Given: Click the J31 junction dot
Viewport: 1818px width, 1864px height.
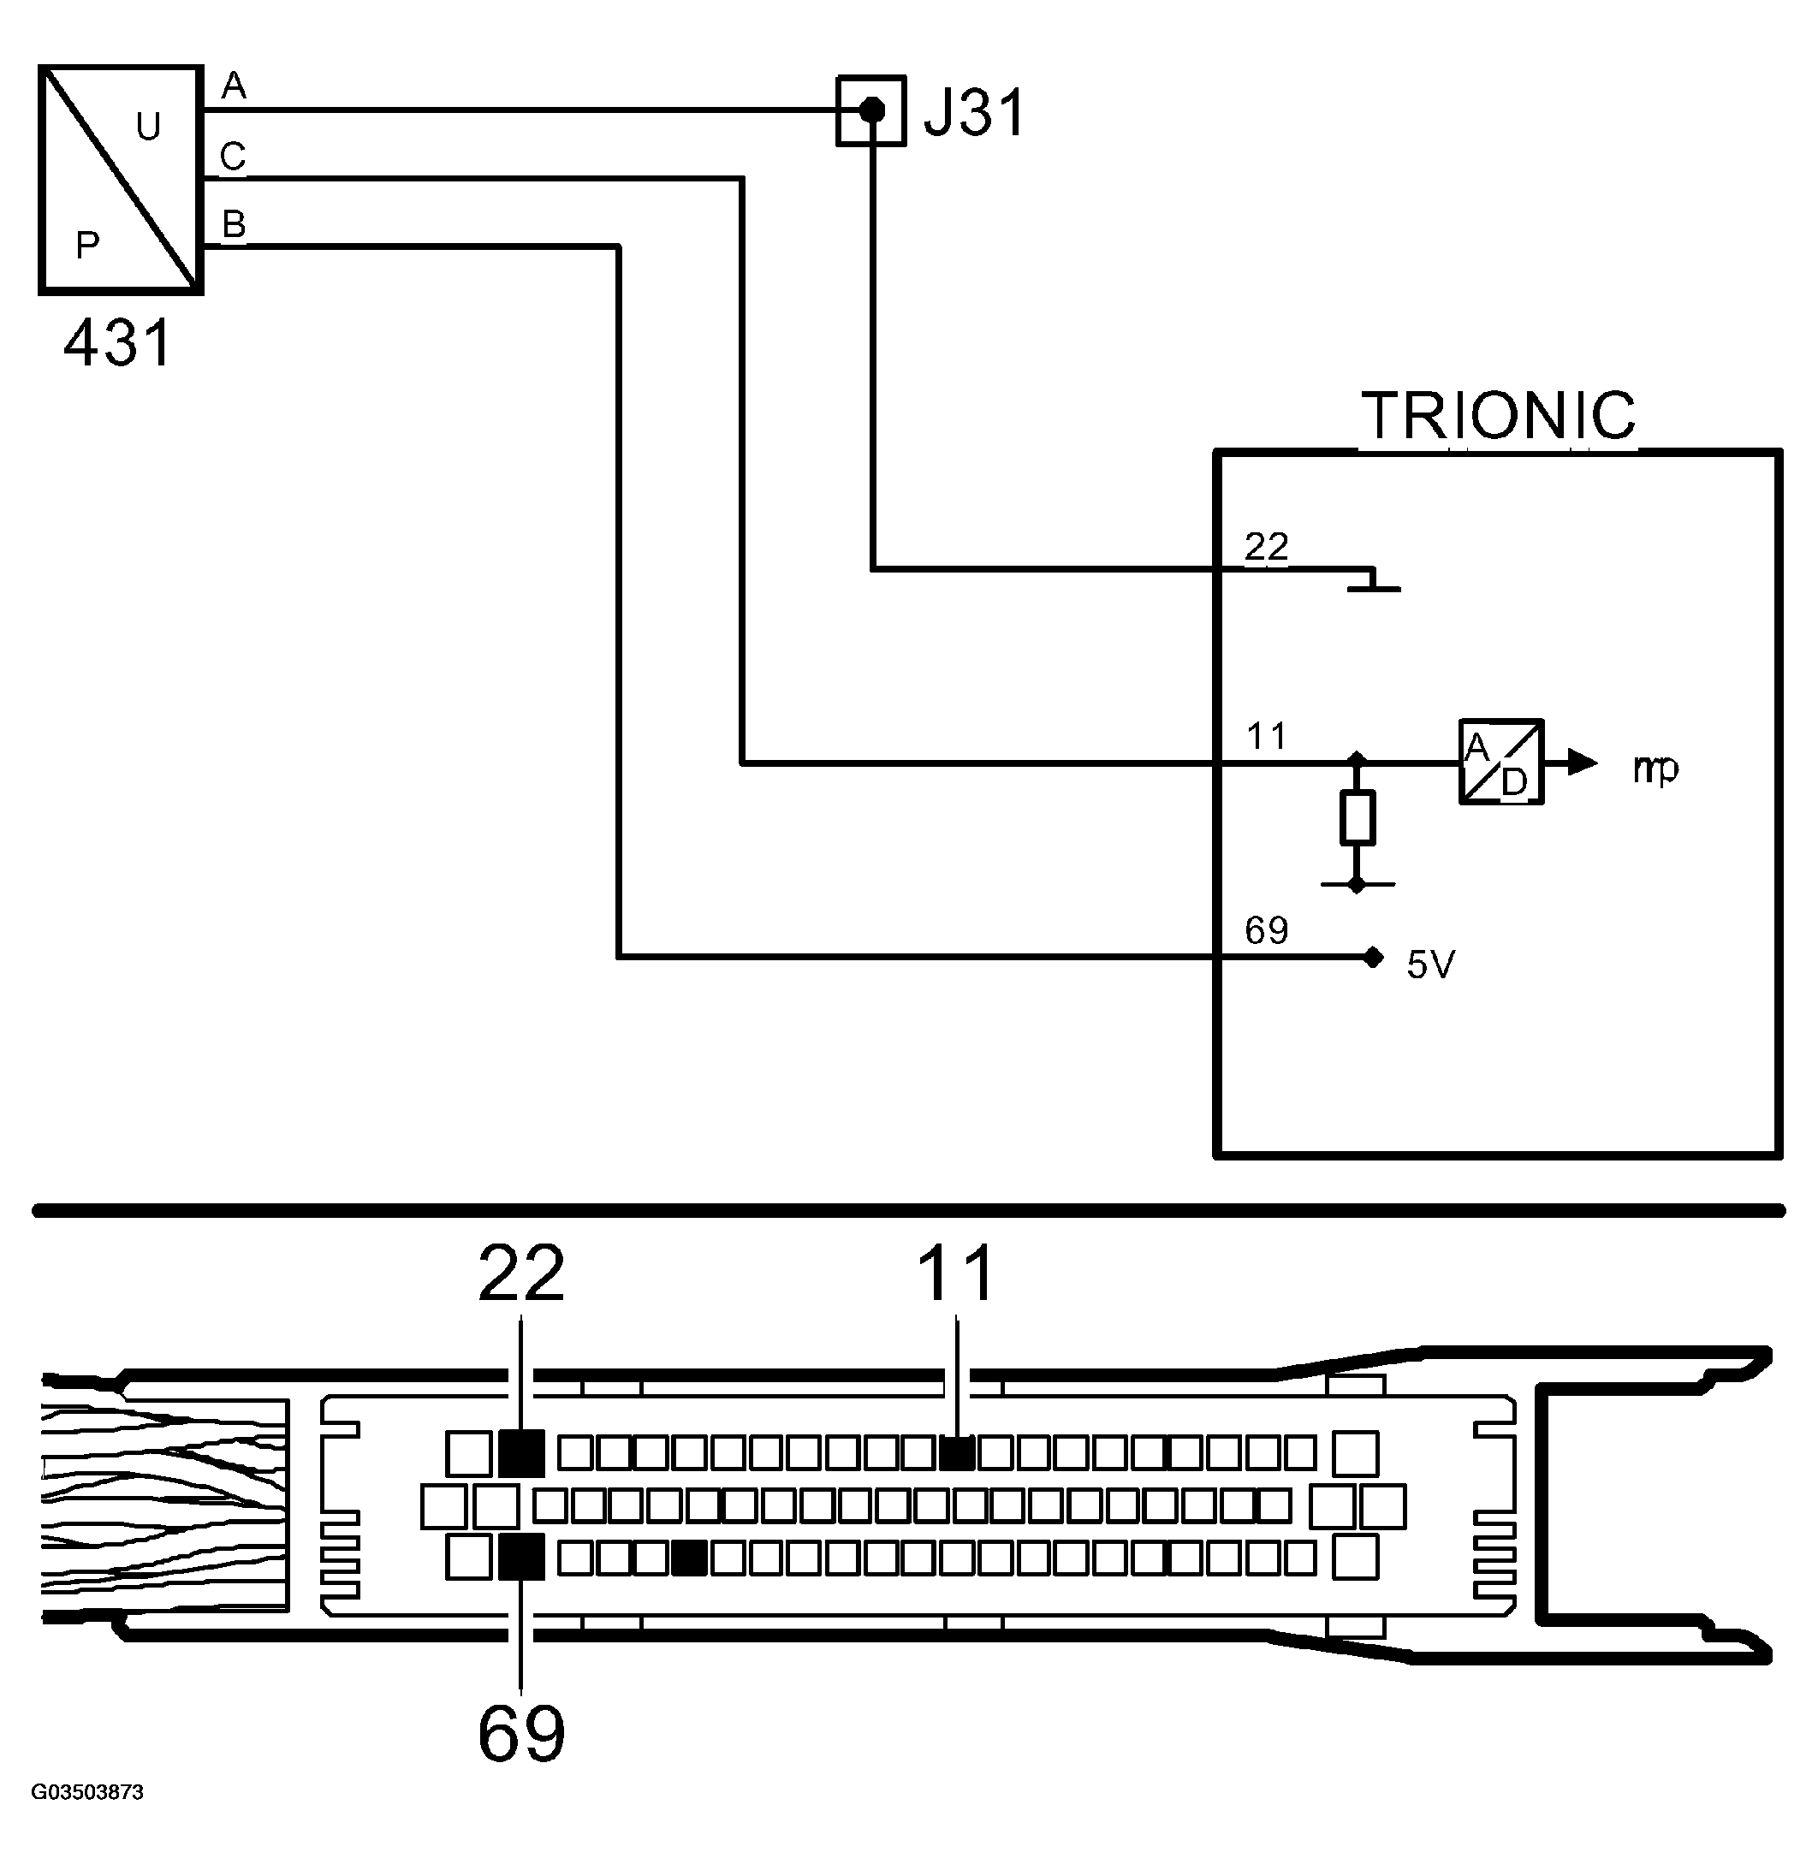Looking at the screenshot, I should (x=870, y=110).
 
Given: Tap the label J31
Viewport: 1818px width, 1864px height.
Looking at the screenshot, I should (x=974, y=113).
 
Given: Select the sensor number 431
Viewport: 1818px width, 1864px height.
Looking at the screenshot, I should (x=118, y=343).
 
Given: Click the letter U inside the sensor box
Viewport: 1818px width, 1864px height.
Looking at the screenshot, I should (x=148, y=126).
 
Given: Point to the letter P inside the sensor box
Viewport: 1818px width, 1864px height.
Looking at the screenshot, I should (x=87, y=246).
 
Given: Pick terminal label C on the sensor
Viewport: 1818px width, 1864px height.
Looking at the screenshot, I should (x=232, y=156).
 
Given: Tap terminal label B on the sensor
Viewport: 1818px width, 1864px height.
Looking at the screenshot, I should (x=233, y=224).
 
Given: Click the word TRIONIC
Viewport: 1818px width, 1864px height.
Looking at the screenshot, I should (x=1498, y=415).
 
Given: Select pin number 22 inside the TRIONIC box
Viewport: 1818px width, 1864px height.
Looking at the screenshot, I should (x=1266, y=546).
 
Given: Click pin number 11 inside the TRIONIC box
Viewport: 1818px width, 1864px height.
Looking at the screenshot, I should (x=1266, y=736).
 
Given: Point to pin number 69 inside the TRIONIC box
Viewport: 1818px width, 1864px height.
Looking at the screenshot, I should (x=1266, y=930).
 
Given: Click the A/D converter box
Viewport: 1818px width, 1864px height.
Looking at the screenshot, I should (x=1500, y=762).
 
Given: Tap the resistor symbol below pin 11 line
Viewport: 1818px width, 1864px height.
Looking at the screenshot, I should (x=1357, y=817).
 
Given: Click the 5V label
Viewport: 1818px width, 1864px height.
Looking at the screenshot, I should (x=1430, y=965).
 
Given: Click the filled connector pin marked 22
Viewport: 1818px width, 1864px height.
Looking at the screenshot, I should (x=521, y=1452).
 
